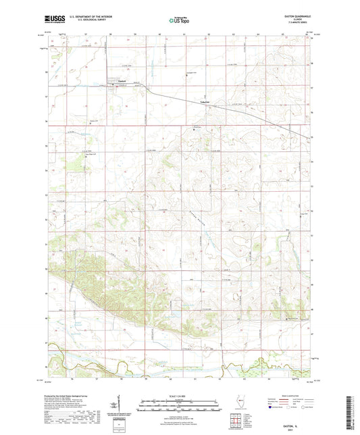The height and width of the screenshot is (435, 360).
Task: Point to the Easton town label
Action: coord(122,82)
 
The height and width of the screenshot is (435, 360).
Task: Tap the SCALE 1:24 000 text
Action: coord(180,399)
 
